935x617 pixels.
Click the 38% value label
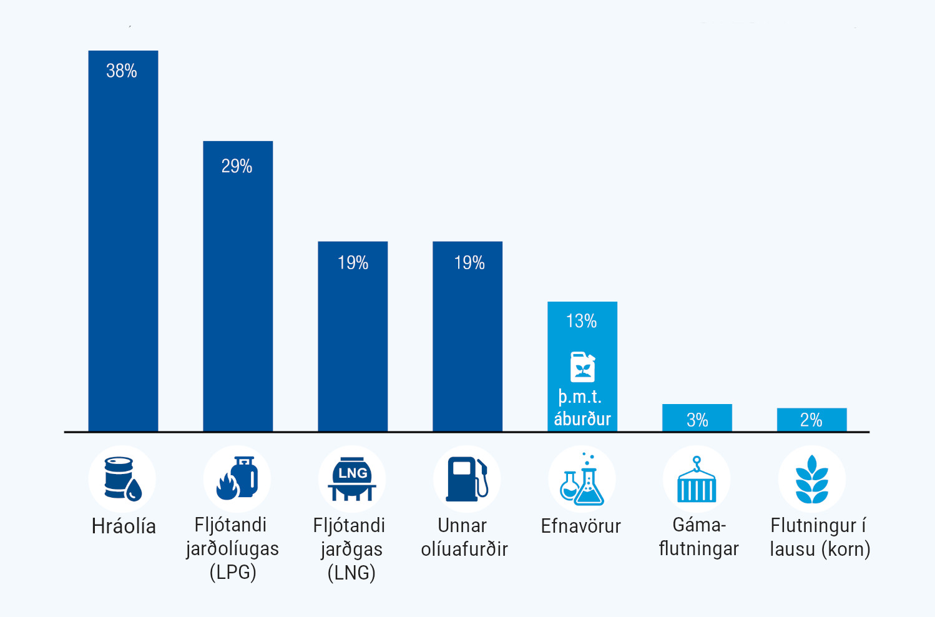click(x=122, y=71)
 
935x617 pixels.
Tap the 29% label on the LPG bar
click(x=237, y=166)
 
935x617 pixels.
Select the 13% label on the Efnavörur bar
click(x=581, y=321)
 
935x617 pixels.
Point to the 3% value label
click(x=697, y=420)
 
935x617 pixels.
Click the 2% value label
click(x=811, y=420)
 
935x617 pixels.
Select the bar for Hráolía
click(x=123, y=250)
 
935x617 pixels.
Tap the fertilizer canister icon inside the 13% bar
click(x=582, y=367)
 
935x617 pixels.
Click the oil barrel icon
click(x=122, y=478)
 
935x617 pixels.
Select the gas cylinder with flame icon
click(x=237, y=478)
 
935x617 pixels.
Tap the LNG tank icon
click(x=352, y=478)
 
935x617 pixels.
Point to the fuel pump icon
click(x=467, y=478)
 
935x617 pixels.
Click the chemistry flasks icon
click(x=582, y=480)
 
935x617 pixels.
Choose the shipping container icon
click(x=697, y=480)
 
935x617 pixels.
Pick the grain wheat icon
click(x=811, y=480)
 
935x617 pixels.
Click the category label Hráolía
click(x=124, y=526)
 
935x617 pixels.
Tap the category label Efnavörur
click(x=580, y=526)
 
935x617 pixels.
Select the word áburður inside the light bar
click(x=582, y=418)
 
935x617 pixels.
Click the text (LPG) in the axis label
click(x=233, y=572)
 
